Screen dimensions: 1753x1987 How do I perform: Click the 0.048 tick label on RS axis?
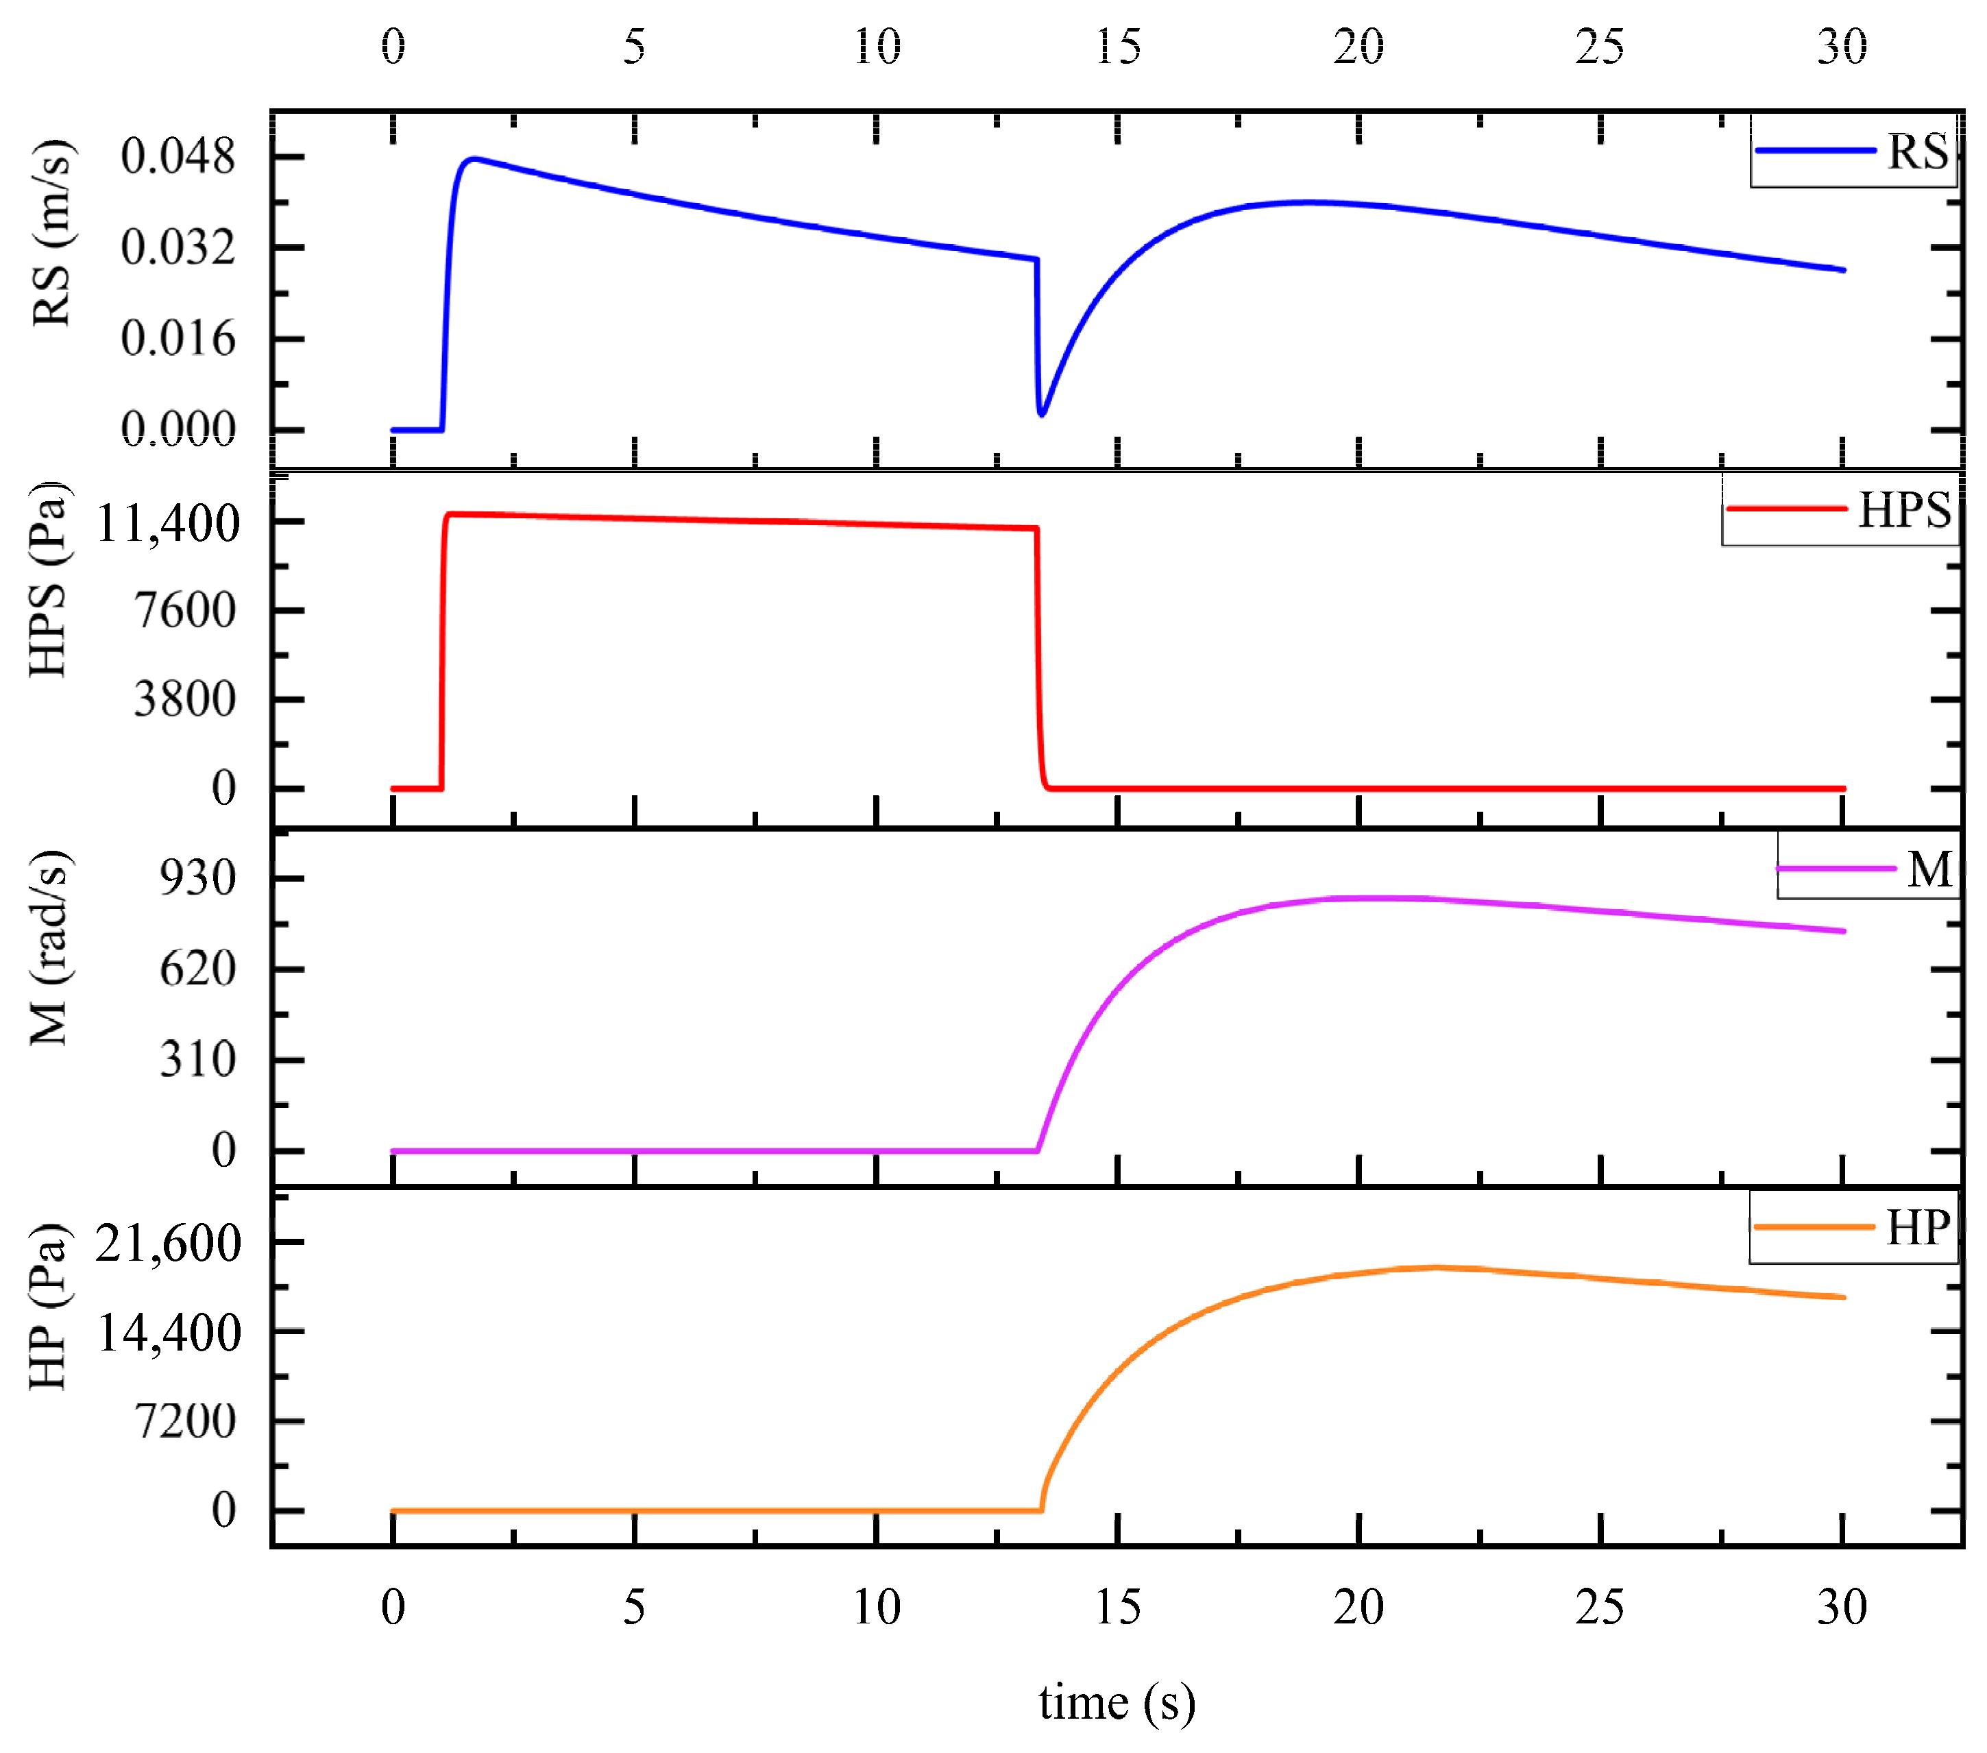tap(178, 156)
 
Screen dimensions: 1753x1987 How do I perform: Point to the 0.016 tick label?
tap(178, 339)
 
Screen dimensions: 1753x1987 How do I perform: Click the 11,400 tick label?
tap(167, 523)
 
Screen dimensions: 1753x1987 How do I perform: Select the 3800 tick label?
tap(184, 699)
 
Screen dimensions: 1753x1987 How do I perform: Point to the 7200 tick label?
tap(184, 1421)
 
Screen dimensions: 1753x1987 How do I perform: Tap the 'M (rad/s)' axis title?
tap(51, 948)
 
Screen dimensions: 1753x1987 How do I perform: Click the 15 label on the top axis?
tap(1118, 47)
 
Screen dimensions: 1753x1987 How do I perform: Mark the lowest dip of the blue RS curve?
tap(1042, 414)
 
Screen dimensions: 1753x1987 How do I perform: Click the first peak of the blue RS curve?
tap(472, 158)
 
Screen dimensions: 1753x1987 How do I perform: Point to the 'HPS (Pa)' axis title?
tap(49, 581)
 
